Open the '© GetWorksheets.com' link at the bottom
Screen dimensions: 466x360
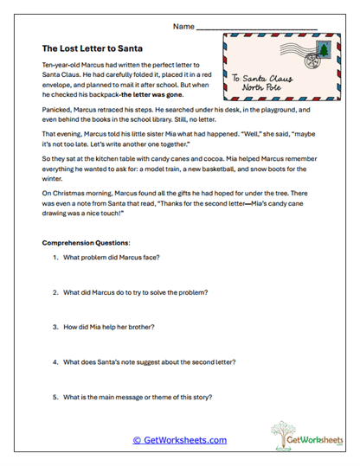click(180, 440)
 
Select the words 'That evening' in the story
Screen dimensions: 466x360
click(63, 135)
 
